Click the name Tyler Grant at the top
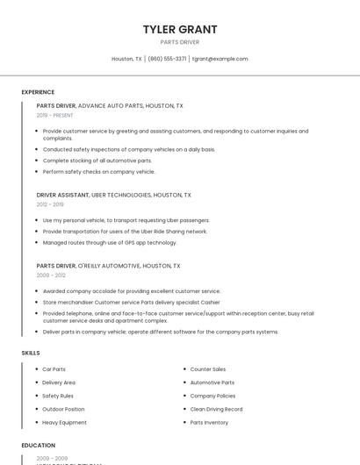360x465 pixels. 180,29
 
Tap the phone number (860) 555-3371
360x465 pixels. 167,59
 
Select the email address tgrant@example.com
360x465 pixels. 220,59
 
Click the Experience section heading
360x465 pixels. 38,92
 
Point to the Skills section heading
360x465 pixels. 31,353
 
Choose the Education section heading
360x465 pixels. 39,446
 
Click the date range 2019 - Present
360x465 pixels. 55,115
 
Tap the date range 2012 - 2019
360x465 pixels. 51,204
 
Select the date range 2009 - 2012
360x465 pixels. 51,275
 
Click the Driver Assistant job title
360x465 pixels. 63,195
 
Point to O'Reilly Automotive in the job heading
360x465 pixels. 109,265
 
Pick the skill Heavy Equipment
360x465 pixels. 65,422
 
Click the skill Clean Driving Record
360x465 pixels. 216,409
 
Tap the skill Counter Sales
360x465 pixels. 208,369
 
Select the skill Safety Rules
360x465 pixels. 58,396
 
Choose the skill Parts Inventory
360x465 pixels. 209,422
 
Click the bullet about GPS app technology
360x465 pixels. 110,242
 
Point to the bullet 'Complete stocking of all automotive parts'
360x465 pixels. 97,161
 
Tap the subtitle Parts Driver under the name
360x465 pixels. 180,42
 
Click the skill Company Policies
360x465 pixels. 212,396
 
